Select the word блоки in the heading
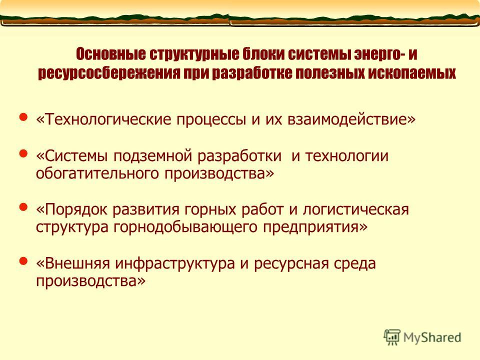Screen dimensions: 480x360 point(263,54)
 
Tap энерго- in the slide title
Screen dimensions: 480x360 point(380,54)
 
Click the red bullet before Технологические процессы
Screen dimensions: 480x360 point(23,117)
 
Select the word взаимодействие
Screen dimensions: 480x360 point(351,119)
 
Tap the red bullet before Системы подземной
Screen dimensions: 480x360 point(23,153)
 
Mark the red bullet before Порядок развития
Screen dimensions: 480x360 point(23,207)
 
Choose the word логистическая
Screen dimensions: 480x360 point(355,209)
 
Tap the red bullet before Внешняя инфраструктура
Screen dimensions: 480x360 point(23,261)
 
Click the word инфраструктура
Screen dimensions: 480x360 point(175,264)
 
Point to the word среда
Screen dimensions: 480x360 point(355,264)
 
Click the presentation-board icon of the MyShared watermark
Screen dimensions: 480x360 point(392,337)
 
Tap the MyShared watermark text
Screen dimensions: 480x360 point(432,337)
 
